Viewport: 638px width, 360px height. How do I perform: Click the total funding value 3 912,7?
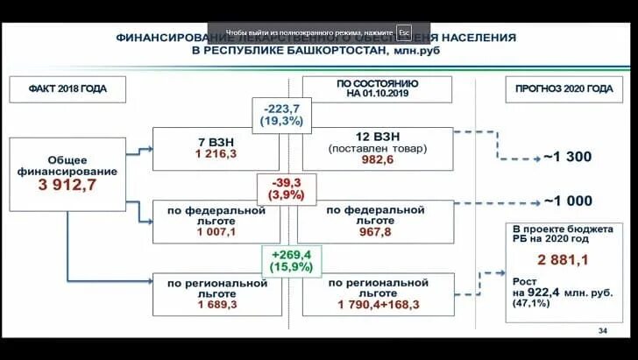pos(67,186)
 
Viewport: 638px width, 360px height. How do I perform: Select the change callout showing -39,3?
pos(281,188)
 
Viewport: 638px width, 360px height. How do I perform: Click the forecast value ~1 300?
pos(568,158)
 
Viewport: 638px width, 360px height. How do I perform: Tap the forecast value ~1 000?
pos(568,200)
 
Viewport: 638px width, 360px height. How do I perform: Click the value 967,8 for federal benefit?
pos(375,234)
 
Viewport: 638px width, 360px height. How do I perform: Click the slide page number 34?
pos(602,330)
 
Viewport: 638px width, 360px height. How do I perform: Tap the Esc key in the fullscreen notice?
pos(403,32)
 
